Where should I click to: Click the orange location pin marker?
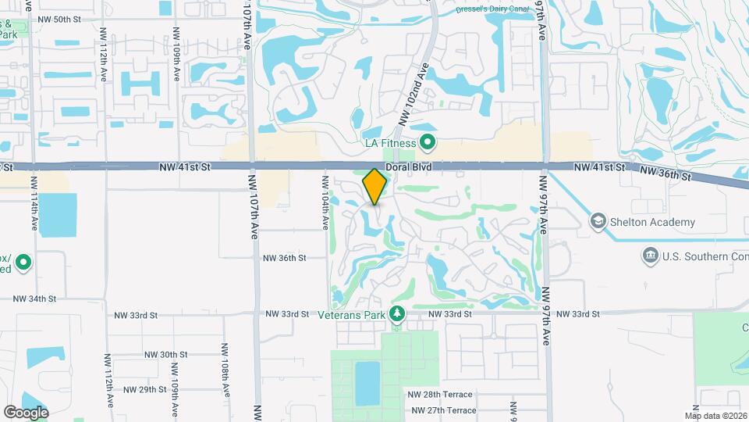375,187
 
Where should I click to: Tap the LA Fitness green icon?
427,142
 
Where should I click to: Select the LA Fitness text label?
392,142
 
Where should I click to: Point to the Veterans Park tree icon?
397,313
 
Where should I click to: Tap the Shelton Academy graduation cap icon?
598,222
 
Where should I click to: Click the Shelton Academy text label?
653,222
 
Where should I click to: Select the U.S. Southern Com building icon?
649,256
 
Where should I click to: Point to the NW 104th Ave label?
325,202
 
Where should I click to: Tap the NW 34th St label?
35,299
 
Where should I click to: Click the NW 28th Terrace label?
442,395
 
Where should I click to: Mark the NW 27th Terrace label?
442,410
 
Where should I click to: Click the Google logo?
26,412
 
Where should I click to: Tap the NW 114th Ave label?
34,202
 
